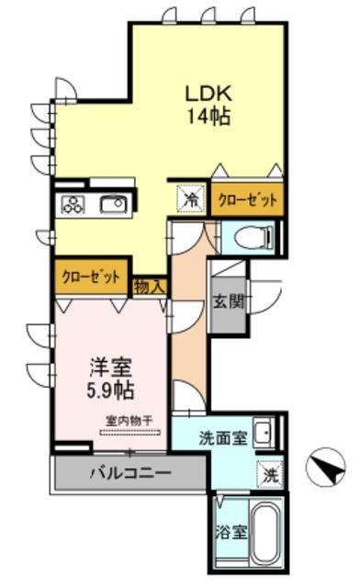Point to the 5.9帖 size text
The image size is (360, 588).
(x=107, y=390)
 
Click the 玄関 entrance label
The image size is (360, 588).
(x=228, y=300)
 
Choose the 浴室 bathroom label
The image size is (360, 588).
(x=230, y=530)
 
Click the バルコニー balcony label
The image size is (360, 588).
(x=129, y=476)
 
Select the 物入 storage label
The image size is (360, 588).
(x=150, y=287)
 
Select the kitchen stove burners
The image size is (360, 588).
(x=73, y=204)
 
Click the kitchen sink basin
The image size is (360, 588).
(x=115, y=204)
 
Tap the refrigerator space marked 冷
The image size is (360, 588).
(x=190, y=197)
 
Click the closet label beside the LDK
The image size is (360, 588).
(x=247, y=198)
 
